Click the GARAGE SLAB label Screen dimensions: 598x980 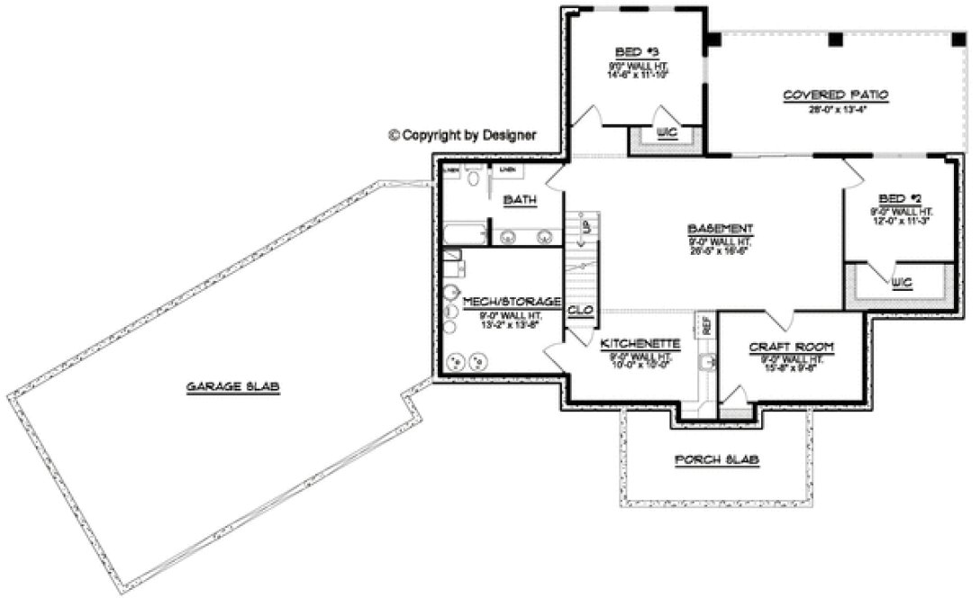[x=233, y=387]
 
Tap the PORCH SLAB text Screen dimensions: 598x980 [x=717, y=459]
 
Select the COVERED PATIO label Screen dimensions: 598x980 [x=835, y=95]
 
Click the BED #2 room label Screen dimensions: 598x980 [x=898, y=198]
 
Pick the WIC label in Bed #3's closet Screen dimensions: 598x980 [x=667, y=133]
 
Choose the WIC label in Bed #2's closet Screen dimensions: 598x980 [x=902, y=283]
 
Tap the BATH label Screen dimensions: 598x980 [x=520, y=200]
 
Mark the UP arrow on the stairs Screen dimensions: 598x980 [x=585, y=228]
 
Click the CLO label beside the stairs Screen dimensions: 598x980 [x=580, y=311]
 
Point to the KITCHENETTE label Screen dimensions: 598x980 [x=640, y=344]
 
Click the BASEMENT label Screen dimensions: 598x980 [x=720, y=229]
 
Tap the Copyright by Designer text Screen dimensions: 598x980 [x=462, y=135]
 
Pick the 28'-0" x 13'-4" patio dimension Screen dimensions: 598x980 [x=835, y=111]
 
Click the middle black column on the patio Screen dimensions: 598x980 [x=835, y=40]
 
